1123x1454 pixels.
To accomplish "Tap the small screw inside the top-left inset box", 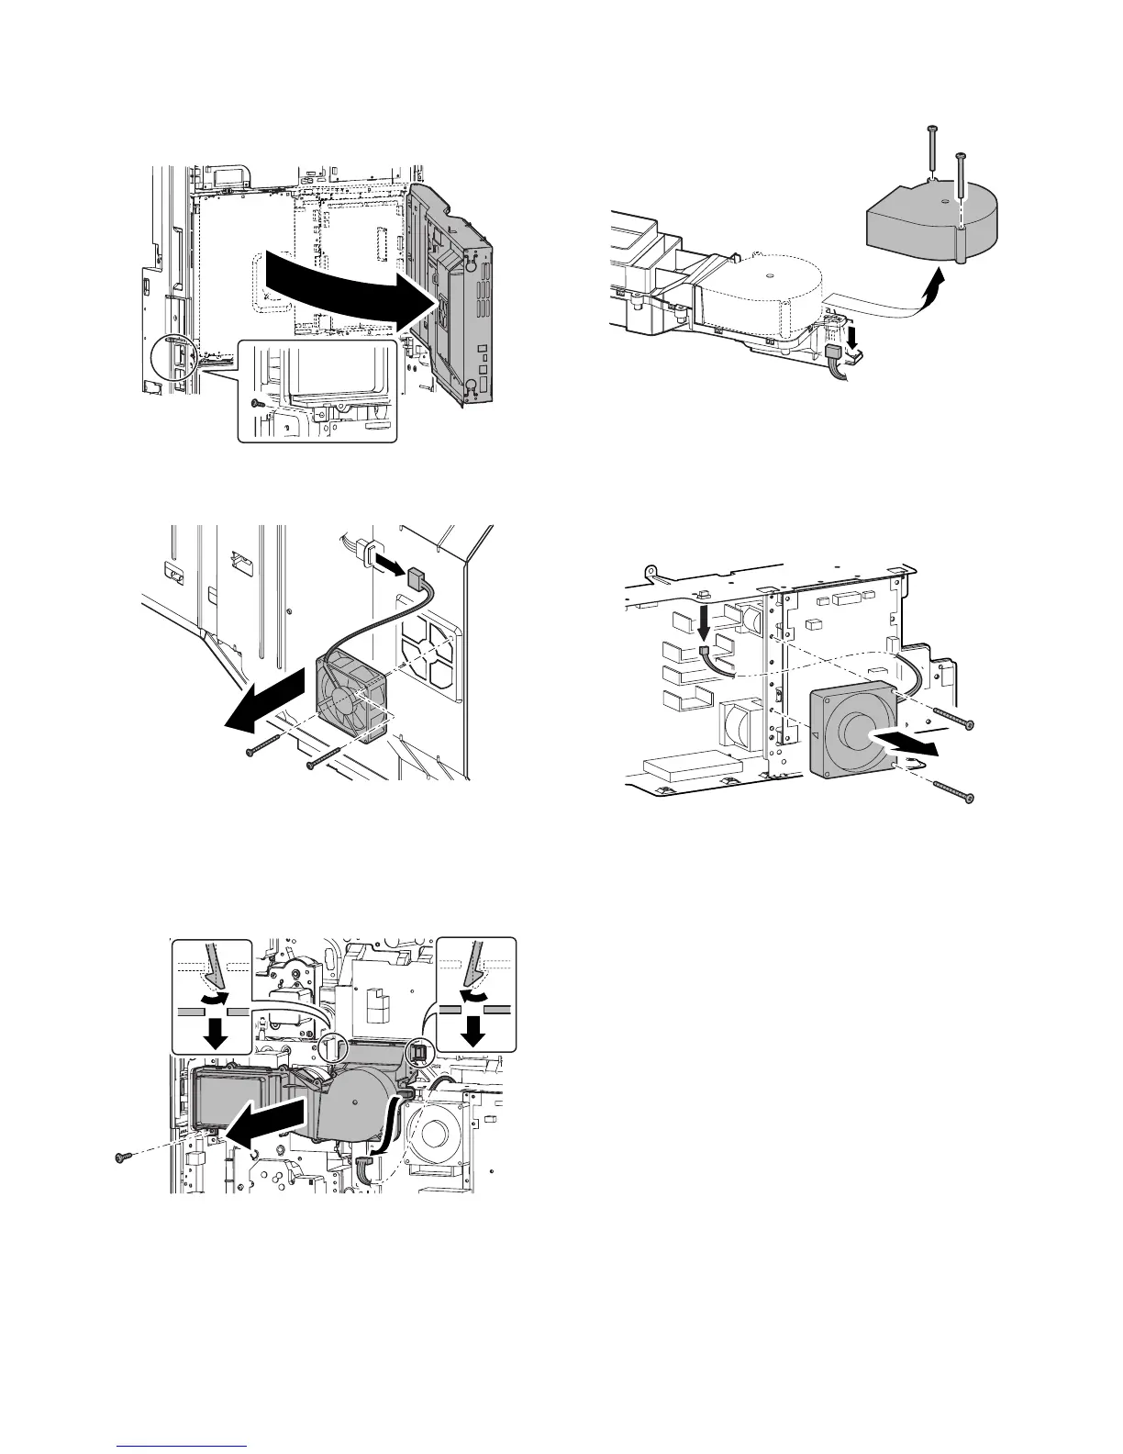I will (259, 403).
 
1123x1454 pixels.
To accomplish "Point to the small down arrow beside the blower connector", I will (853, 338).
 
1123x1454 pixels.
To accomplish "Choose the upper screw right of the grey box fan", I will (950, 721).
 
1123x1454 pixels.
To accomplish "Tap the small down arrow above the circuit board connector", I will (703, 624).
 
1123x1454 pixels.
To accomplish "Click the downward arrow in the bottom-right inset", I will (473, 1032).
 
